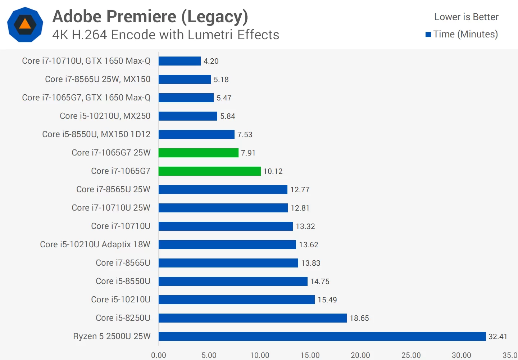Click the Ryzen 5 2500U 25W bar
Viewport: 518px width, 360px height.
322,336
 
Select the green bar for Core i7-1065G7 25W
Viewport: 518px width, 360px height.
198,153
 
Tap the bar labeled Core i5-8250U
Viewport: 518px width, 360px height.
253,318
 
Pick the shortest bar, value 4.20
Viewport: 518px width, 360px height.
180,61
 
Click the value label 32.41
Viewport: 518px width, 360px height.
497,337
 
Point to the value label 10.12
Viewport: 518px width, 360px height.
273,171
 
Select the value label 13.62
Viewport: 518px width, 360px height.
308,245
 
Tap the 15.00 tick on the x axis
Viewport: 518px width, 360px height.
310,355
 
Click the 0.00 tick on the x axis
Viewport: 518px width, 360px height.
159,355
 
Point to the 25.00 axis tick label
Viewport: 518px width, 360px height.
411,355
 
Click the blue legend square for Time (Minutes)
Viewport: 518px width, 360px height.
428,35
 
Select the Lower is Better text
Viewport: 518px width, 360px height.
466,17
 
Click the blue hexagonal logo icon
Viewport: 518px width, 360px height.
25,24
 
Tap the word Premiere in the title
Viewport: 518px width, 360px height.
142,17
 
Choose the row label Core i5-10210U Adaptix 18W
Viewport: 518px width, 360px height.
95,244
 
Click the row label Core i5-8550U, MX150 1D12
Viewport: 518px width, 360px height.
96,134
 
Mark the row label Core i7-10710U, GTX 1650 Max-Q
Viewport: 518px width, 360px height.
86,61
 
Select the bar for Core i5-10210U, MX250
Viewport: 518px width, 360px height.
188,116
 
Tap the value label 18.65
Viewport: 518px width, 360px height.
359,318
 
